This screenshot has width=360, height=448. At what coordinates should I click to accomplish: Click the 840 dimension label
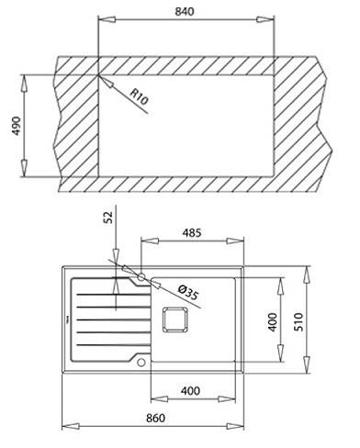[185, 11]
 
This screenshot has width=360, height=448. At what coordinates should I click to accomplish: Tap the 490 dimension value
[17, 126]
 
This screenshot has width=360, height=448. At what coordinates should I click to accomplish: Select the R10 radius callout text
[139, 96]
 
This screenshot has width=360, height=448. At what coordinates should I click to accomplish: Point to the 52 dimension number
[109, 218]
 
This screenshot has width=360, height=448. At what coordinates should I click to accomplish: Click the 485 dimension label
[192, 233]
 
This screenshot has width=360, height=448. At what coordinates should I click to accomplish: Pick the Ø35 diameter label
[188, 292]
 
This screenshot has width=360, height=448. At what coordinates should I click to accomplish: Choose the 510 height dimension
[298, 321]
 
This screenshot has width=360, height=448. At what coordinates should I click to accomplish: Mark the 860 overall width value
[155, 418]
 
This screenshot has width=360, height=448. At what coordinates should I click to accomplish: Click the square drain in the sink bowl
[174, 319]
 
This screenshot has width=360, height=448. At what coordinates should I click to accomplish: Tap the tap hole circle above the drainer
[141, 277]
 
